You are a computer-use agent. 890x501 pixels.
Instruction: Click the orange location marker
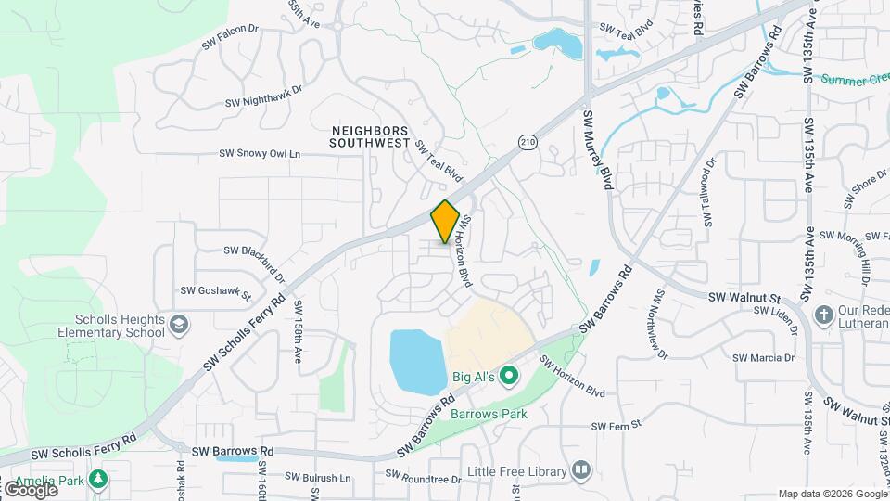[x=446, y=221]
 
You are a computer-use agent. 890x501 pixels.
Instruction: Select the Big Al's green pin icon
[x=508, y=376]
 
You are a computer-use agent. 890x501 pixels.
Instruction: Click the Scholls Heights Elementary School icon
[x=179, y=325]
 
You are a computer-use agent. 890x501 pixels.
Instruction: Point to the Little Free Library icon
[x=581, y=471]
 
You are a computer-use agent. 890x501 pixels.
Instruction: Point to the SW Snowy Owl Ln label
[x=261, y=154]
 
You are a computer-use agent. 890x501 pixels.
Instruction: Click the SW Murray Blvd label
[x=597, y=149]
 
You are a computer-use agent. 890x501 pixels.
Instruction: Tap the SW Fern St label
[x=617, y=426]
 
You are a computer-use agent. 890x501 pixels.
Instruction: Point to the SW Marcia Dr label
[x=764, y=358]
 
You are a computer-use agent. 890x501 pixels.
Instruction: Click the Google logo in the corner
[x=30, y=489]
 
